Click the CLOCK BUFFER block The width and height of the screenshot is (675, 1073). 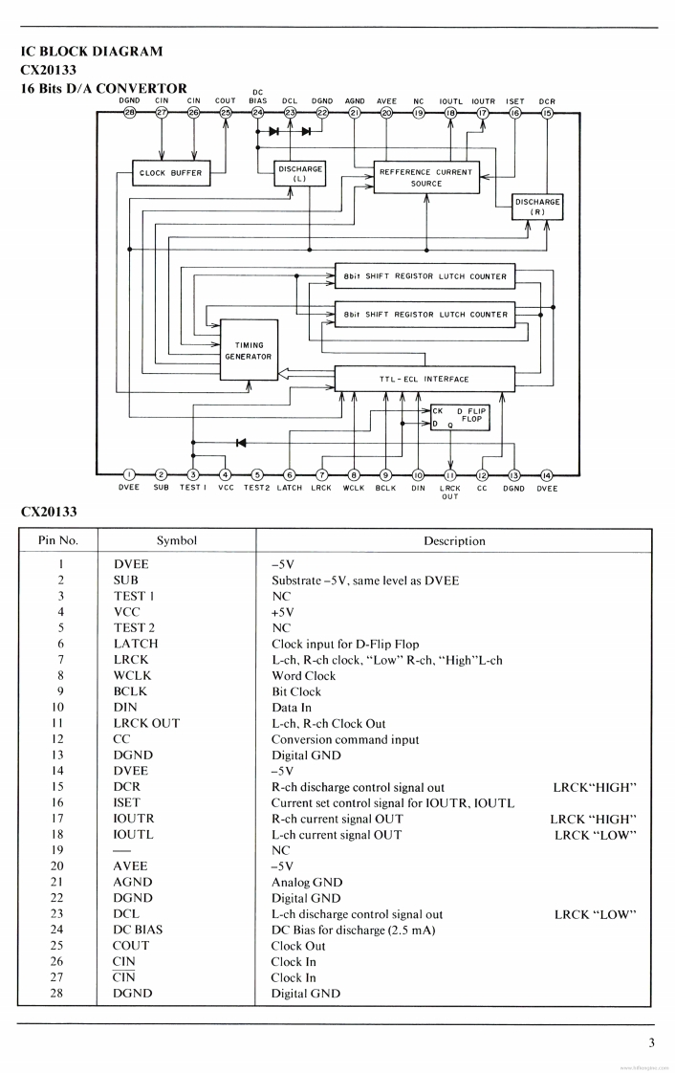click(x=171, y=173)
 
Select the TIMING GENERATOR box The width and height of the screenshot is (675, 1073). click(x=249, y=351)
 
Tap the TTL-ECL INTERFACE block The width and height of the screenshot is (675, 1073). click(x=425, y=379)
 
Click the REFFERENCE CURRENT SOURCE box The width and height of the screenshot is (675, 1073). click(x=426, y=178)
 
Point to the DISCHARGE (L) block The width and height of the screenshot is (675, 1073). click(x=299, y=173)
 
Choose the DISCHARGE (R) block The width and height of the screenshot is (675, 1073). click(x=537, y=207)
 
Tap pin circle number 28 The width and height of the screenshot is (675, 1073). click(x=129, y=113)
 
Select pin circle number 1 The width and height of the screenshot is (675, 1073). click(x=129, y=475)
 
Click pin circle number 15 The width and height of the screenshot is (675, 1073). click(x=547, y=113)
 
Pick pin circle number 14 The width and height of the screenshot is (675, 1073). click(x=547, y=475)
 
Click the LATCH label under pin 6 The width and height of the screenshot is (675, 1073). click(x=289, y=489)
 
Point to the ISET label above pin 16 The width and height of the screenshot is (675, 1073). click(x=515, y=101)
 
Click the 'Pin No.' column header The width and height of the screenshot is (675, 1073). click(x=57, y=540)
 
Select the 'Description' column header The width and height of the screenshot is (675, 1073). click(x=454, y=540)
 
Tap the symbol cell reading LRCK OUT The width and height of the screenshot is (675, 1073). click(x=146, y=724)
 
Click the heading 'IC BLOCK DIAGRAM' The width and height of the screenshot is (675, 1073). click(x=92, y=52)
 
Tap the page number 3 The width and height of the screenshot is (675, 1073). click(x=651, y=1043)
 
